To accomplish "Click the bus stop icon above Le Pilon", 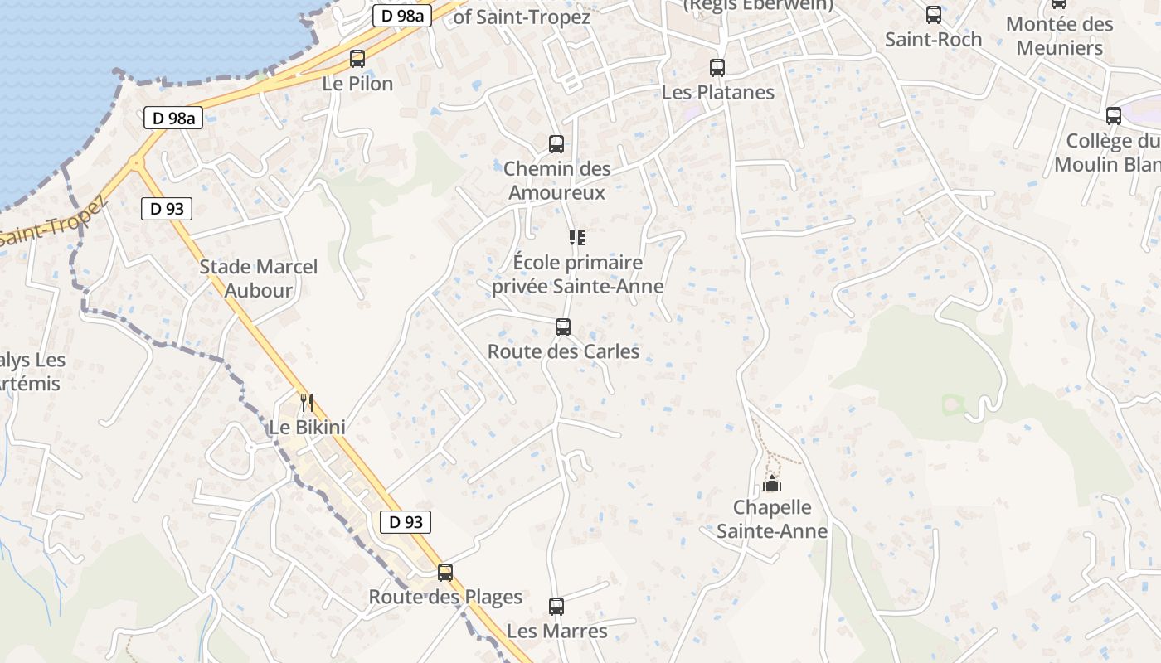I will coord(357,59).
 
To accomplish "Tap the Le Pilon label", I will coord(357,84).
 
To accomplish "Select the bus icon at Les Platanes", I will coord(717,68).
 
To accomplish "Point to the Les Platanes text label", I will coord(717,92).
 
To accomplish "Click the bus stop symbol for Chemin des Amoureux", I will coord(556,144).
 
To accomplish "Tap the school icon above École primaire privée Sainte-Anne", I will coord(577,239).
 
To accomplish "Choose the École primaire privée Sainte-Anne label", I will coord(577,274).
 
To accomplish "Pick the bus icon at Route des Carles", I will coord(563,327).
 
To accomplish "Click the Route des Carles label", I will coord(563,351).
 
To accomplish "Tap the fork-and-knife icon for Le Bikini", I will coord(307,403).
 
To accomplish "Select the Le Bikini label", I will coord(307,428).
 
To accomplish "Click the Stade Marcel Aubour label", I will coord(259,278).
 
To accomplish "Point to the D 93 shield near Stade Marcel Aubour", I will coord(167,209).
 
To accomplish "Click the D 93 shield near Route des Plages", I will coord(406,521).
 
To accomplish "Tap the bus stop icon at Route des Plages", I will coord(445,572).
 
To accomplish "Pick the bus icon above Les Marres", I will coord(556,607).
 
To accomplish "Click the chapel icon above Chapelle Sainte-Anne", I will coord(772,483).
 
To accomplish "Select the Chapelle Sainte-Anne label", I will coord(772,519).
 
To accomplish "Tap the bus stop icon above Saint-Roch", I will coord(934,15).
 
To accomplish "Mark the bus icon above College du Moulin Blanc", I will coord(1114,116).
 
